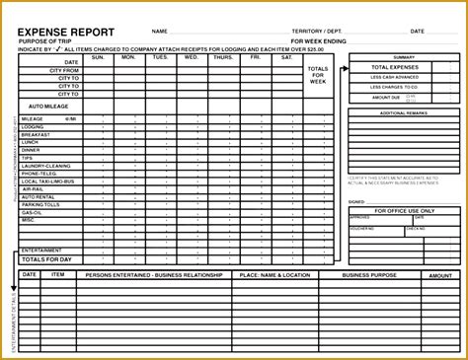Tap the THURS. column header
(224, 57)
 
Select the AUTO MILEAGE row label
(49, 104)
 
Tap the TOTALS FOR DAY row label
(48, 259)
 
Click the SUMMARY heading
(403, 57)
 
